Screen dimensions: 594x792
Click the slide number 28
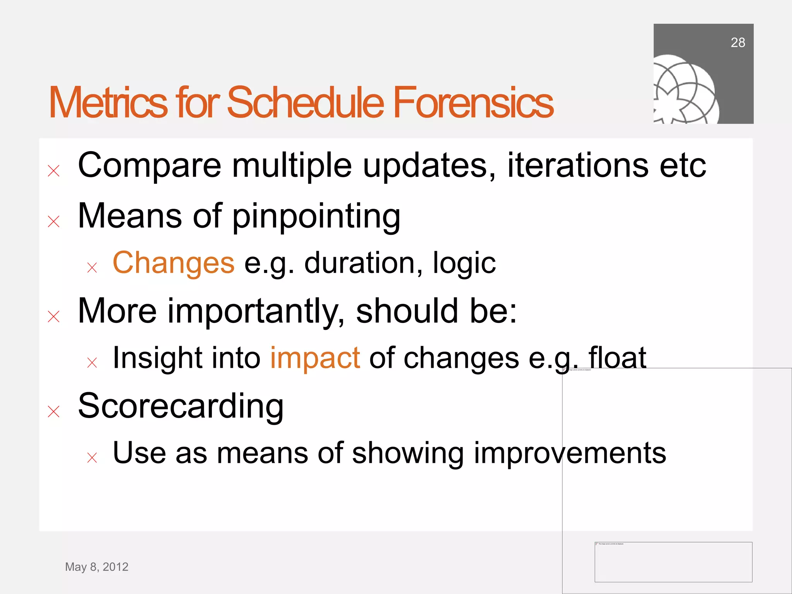tap(737, 43)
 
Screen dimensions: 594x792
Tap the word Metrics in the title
tap(108, 102)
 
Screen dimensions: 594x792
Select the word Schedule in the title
tap(305, 102)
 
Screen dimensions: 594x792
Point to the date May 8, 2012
tap(97, 567)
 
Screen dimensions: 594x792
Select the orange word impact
tap(315, 358)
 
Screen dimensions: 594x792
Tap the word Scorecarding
tap(181, 406)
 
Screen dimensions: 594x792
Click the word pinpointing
tap(316, 217)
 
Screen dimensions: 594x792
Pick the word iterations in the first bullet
tap(577, 166)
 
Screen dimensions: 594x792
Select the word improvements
tap(570, 453)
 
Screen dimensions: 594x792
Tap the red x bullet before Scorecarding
tap(54, 411)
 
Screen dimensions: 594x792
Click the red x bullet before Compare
tap(54, 171)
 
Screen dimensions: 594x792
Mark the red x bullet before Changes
tap(92, 268)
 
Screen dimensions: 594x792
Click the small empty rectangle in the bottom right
tap(673, 562)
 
